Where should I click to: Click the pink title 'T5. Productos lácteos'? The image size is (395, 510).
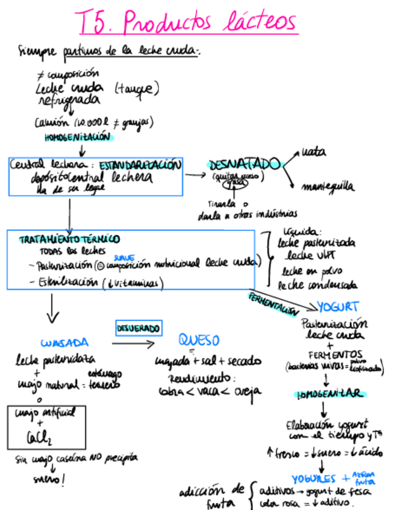[187, 22]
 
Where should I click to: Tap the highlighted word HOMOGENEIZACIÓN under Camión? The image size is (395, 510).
[78, 138]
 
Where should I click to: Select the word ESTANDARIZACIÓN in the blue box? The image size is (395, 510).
[140, 165]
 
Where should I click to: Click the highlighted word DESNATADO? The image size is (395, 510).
[244, 164]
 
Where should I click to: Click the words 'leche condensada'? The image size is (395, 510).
[317, 284]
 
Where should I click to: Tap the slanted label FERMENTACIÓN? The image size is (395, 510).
[272, 304]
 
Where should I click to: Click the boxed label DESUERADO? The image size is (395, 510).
[138, 328]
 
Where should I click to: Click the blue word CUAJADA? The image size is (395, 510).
[64, 343]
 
